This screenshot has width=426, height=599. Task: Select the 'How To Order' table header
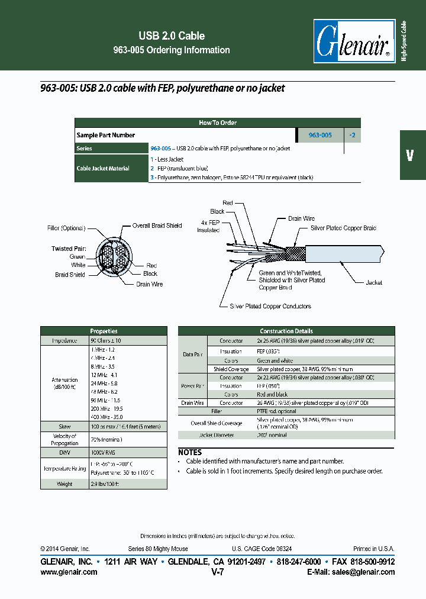[218, 123]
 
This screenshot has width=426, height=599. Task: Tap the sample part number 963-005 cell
[320, 135]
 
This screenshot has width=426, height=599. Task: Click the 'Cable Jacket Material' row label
[103, 169]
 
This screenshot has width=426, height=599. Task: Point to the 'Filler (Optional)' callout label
[66, 228]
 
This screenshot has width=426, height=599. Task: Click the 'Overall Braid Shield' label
[157, 226]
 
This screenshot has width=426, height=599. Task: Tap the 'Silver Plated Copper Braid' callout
[343, 228]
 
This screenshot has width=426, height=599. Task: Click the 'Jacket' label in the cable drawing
[373, 282]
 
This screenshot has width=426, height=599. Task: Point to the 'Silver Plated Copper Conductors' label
[270, 306]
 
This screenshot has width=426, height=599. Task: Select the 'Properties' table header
[104, 331]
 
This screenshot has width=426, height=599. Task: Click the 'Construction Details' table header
[286, 331]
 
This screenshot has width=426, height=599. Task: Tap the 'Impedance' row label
[64, 341]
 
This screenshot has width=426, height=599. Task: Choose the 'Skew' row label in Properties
[64, 426]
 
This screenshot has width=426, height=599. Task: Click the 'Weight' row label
[64, 484]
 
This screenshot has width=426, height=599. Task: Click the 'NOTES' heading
[190, 452]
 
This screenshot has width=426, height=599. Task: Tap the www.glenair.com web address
[69, 572]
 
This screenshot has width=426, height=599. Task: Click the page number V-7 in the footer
[217, 572]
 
